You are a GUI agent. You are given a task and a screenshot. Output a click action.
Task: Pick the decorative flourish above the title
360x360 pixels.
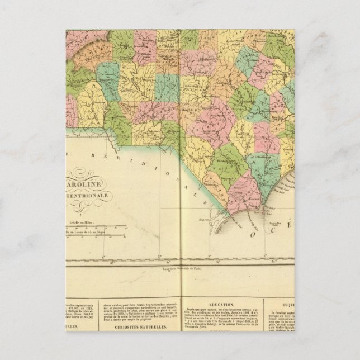point(81,172)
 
